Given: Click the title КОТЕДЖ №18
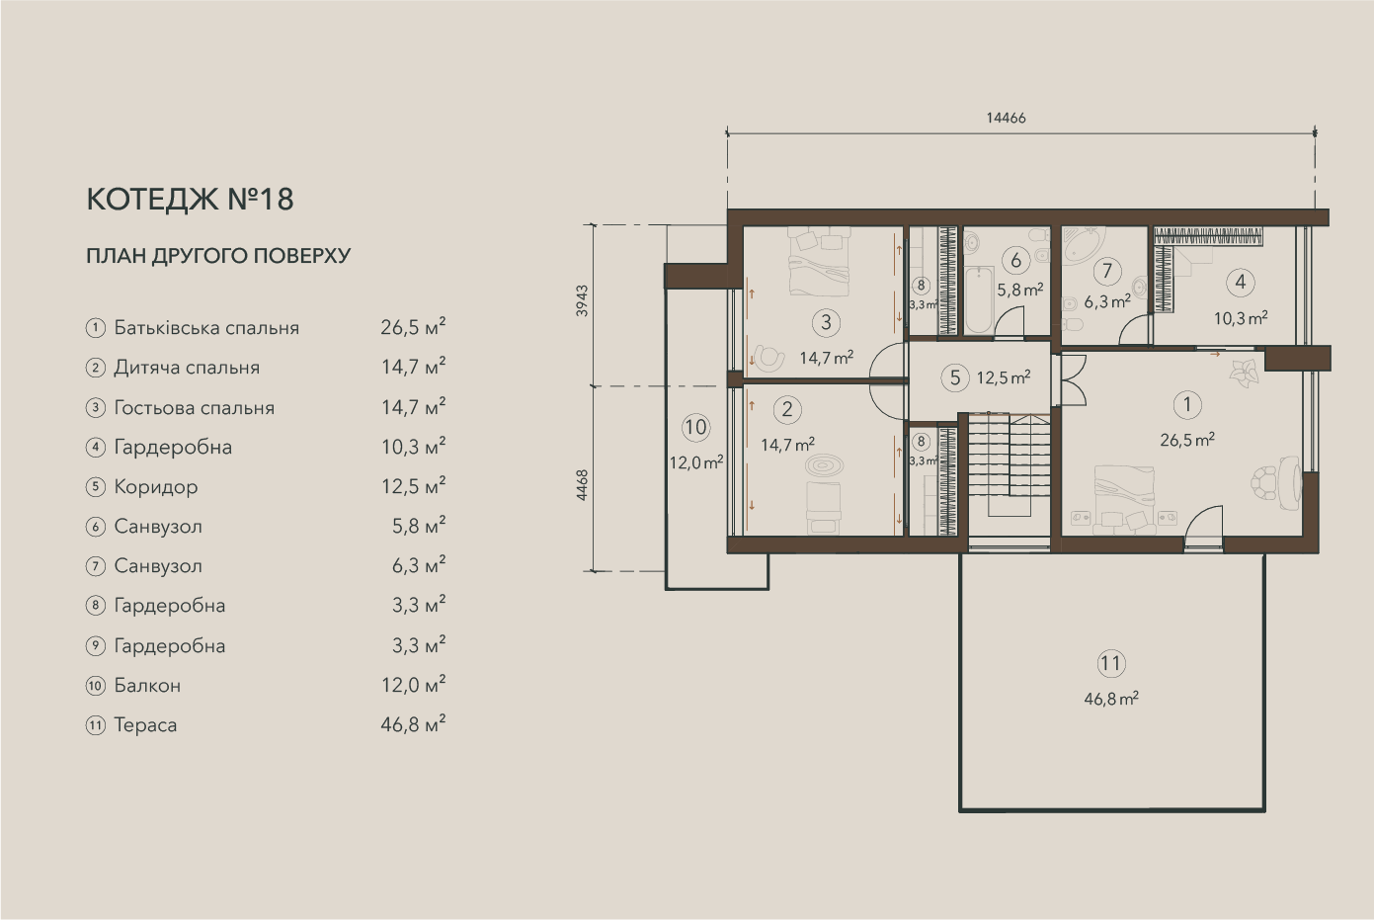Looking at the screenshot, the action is (191, 200).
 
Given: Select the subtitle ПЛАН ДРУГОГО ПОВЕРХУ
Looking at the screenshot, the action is (218, 255).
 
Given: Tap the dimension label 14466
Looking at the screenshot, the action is (1006, 118).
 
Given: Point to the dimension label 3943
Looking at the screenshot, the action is (582, 300).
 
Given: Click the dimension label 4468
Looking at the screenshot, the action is (582, 485).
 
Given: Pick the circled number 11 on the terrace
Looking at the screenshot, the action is (1111, 663).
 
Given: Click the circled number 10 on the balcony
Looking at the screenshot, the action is (695, 427).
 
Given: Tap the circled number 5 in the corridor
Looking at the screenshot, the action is (955, 377).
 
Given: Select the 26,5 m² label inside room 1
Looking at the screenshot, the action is (1187, 440).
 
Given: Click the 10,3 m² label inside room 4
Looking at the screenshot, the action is (1241, 318).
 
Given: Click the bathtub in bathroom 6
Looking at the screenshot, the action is (978, 300).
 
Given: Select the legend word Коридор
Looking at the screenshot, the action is (156, 487).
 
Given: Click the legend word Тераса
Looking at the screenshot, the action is (145, 724).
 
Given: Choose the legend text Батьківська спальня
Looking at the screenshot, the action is (206, 328).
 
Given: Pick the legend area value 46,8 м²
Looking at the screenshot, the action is (413, 723).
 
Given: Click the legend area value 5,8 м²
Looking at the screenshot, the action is (419, 526).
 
